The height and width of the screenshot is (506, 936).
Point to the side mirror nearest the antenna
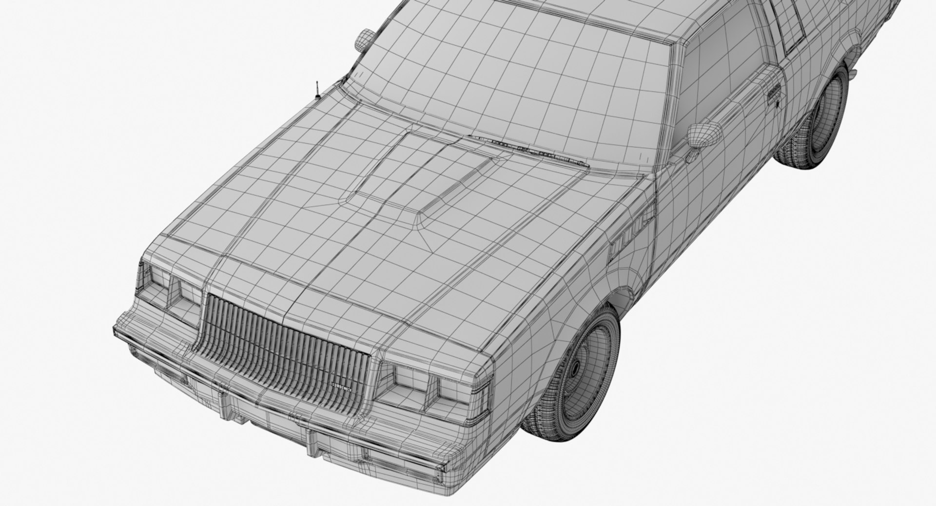click(x=364, y=39)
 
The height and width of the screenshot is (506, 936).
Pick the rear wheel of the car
click(x=813, y=119)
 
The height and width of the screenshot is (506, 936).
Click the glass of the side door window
click(x=721, y=73)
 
